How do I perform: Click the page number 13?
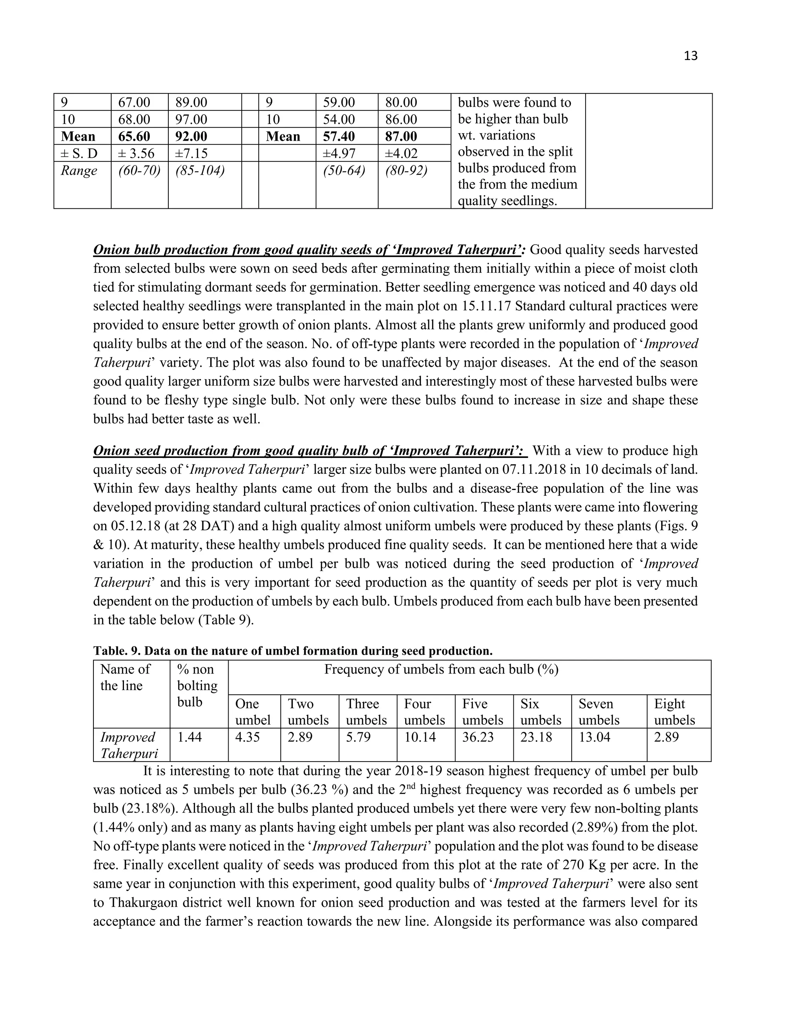[691, 56]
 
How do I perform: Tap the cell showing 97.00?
[191, 119]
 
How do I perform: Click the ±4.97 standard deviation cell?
[339, 153]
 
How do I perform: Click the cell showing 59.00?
[339, 102]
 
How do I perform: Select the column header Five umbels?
[483, 712]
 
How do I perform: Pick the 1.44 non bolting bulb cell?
[189, 737]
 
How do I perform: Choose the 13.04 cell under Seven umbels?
[594, 737]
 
